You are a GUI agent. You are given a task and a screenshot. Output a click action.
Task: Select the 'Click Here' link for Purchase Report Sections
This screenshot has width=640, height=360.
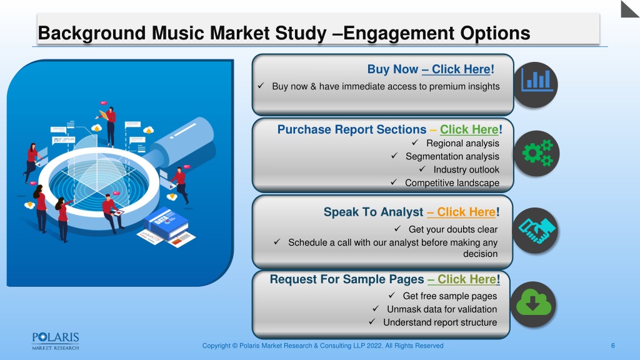469,129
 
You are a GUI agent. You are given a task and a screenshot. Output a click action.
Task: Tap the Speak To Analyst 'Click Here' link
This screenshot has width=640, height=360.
466,212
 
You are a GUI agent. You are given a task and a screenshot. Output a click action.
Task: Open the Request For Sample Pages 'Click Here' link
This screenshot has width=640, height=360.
467,279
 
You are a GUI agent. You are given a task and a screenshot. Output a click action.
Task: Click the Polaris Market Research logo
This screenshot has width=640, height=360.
56,341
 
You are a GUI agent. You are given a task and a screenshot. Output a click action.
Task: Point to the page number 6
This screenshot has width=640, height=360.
612,346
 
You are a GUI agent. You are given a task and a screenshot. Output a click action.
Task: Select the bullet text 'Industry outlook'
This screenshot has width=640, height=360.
466,169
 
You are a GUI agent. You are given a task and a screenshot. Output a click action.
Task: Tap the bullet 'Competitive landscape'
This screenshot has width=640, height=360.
452,183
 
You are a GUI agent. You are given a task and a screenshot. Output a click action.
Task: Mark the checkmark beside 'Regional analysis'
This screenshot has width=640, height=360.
415,142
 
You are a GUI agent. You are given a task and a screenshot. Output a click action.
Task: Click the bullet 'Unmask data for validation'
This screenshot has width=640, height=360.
442,309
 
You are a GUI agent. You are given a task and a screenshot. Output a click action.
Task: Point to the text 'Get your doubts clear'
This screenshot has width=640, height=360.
453,229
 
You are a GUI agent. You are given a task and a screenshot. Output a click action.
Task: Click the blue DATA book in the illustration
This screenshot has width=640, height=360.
165,222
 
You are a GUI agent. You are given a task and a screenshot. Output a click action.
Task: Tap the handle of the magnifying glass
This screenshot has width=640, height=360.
182,140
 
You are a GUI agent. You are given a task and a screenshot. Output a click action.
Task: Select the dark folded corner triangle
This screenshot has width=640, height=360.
629,9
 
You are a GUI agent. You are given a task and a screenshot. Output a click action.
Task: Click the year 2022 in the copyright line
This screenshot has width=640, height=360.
375,346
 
